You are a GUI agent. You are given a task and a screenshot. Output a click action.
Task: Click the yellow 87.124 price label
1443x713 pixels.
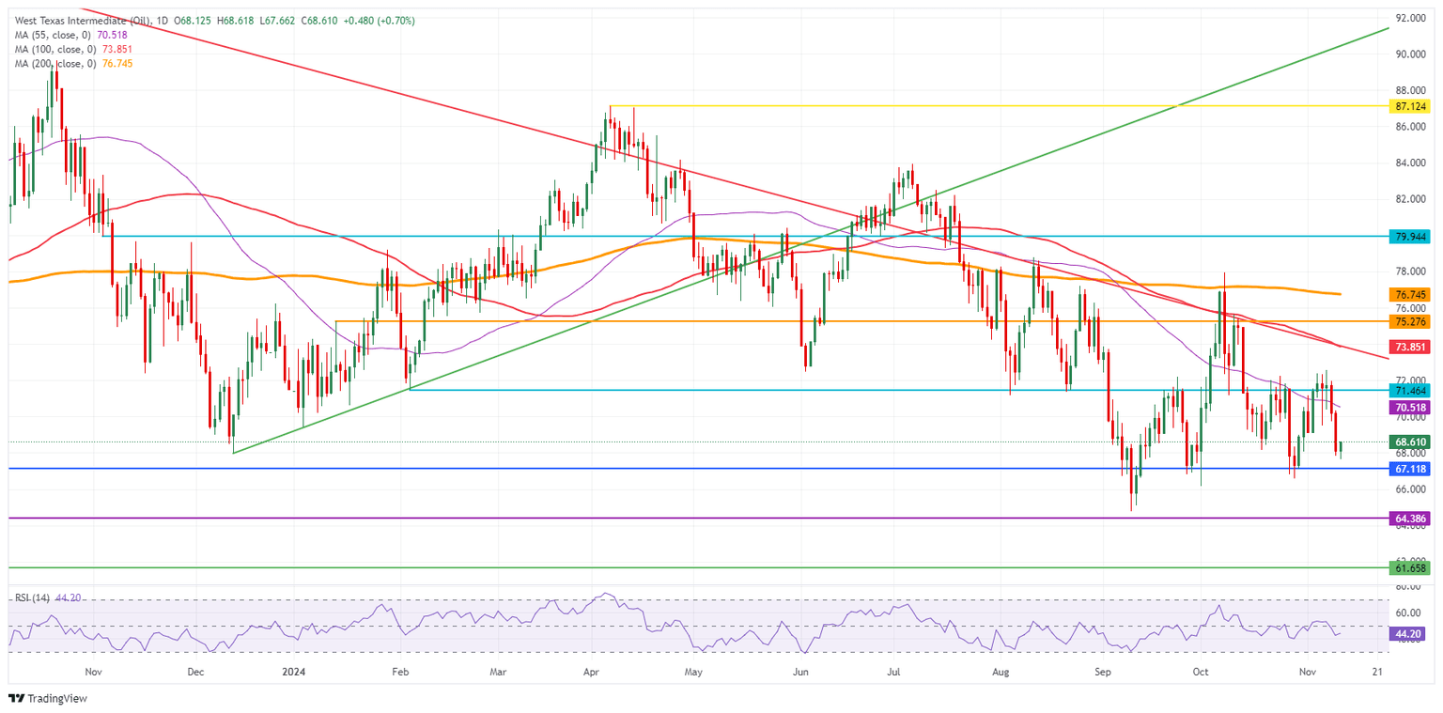pyautogui.click(x=1411, y=106)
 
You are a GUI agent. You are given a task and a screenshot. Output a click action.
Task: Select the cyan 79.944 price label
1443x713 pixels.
pyautogui.click(x=1411, y=236)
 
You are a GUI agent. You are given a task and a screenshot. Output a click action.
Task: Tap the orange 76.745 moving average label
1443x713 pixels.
pyautogui.click(x=1411, y=294)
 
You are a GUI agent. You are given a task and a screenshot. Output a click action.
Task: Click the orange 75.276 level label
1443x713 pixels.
pyautogui.click(x=1411, y=321)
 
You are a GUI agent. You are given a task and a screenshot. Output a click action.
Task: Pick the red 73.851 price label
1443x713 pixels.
pyautogui.click(x=1411, y=347)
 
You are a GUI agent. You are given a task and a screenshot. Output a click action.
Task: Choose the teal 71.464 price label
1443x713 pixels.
pyautogui.click(x=1411, y=389)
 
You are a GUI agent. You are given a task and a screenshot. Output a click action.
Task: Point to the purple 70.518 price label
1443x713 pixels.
pyautogui.click(x=1411, y=408)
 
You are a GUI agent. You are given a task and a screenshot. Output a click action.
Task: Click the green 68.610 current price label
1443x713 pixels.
pyautogui.click(x=1411, y=442)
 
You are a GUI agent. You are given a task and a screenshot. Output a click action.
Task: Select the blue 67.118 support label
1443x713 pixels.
pyautogui.click(x=1411, y=468)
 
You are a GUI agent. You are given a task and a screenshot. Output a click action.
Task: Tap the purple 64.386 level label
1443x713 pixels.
pyautogui.click(x=1411, y=518)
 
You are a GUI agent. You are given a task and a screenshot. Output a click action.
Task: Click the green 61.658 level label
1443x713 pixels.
pyautogui.click(x=1411, y=567)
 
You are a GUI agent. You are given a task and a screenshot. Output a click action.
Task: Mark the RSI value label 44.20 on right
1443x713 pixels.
pyautogui.click(x=1411, y=634)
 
